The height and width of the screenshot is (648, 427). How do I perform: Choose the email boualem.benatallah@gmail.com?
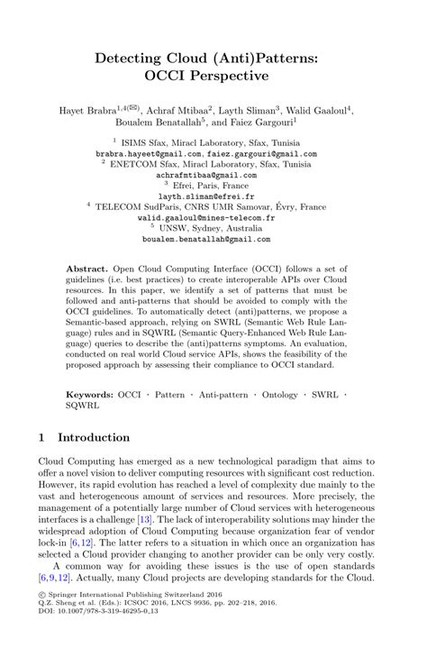[x=213, y=242]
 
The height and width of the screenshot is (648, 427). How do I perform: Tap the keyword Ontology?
[x=273, y=394]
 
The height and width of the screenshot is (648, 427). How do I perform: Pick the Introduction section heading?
[x=94, y=438]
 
